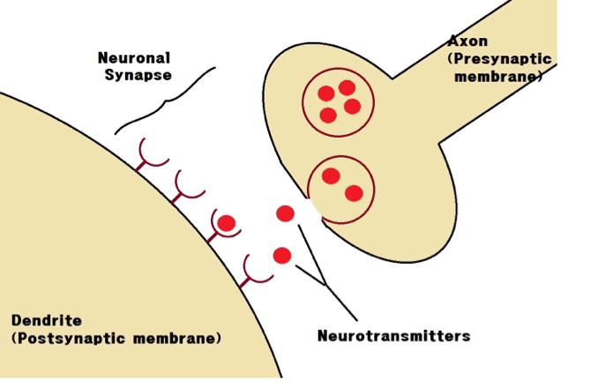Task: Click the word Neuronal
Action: (x=134, y=58)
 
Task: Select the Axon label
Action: (x=467, y=41)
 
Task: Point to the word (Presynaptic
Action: (x=499, y=58)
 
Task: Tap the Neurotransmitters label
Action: (x=393, y=336)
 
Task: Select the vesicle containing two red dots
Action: (x=340, y=187)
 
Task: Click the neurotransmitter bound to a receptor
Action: (x=227, y=223)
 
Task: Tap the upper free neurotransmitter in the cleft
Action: (x=285, y=214)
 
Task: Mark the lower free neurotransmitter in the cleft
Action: (x=282, y=256)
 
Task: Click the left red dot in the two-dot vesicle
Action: (x=331, y=176)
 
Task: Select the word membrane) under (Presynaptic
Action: (x=498, y=77)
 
